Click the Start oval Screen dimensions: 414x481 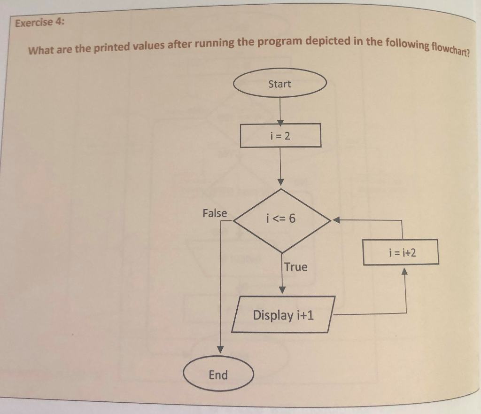pos(279,84)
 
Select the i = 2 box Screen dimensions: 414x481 pos(280,136)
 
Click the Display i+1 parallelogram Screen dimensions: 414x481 pos(283,314)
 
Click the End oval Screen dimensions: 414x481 pos(218,375)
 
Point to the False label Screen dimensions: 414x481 pos(215,213)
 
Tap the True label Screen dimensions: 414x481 pos(295,267)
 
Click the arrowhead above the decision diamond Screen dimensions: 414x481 pos(281,181)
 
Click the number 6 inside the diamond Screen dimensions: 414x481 pos(293,219)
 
